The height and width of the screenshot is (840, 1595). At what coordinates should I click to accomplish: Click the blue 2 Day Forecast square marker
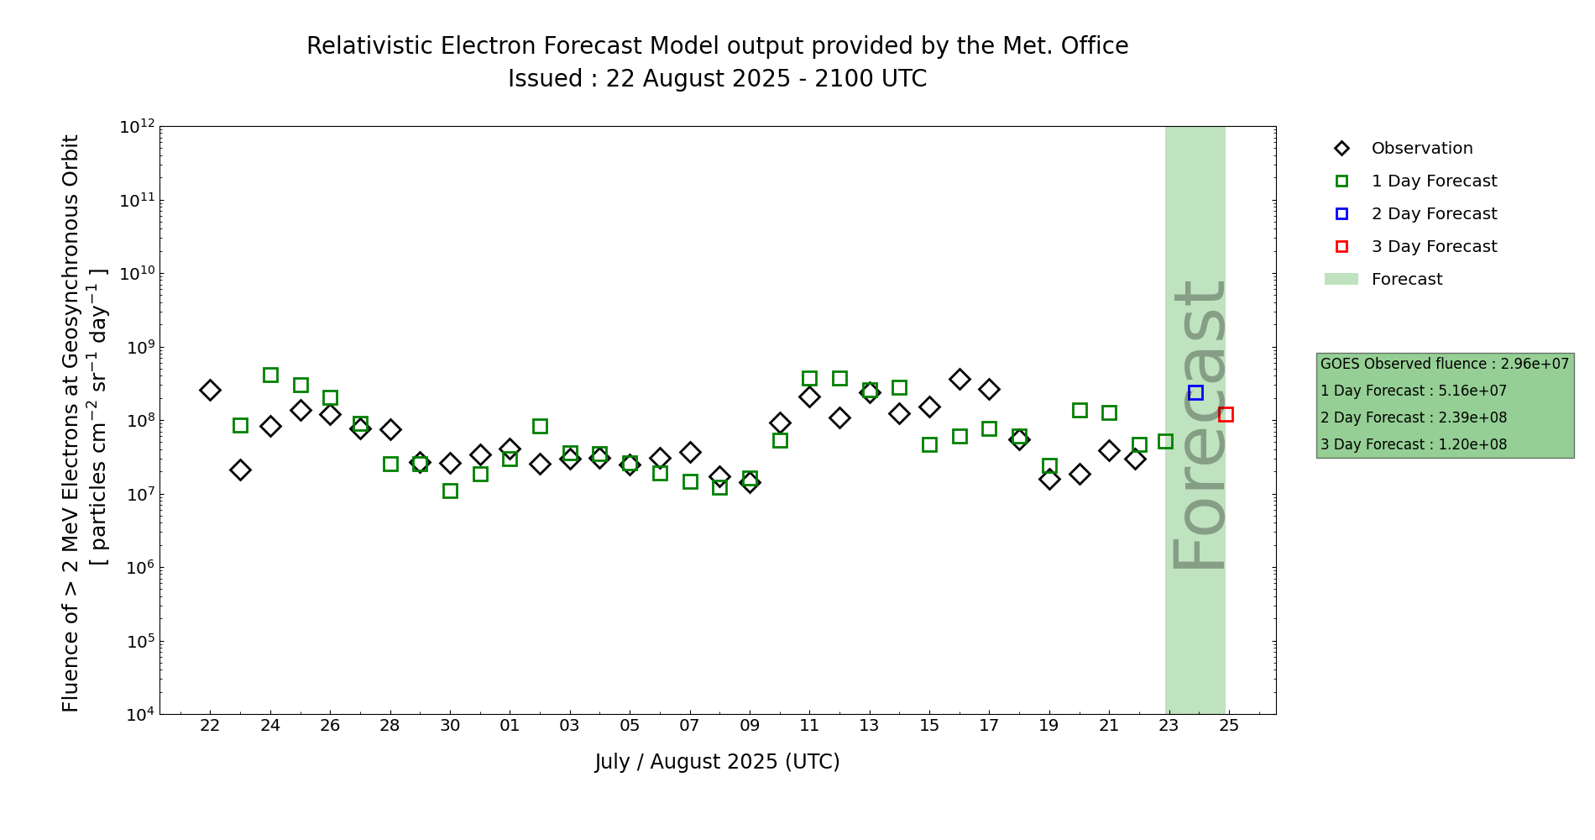1195,392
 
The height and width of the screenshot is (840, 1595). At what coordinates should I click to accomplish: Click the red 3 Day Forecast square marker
1226,414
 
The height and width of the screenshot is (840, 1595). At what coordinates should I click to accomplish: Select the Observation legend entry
1421,149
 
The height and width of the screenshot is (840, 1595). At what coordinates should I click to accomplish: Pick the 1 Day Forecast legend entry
1433,181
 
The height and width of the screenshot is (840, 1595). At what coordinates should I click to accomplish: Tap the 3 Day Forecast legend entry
1433,247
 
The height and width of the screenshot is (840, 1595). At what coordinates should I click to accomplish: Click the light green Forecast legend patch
1341,279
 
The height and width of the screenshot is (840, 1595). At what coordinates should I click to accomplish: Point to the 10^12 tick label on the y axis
137,127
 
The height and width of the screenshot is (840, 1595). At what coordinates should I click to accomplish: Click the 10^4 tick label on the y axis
139,715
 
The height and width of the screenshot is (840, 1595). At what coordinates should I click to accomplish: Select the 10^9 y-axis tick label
139,348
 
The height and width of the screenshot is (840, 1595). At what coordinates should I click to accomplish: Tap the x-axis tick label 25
1229,726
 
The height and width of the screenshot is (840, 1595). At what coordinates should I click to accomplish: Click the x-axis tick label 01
510,726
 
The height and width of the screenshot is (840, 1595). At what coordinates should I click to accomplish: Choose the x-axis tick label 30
450,726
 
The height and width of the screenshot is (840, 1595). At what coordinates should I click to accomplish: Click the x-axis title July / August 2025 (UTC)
717,762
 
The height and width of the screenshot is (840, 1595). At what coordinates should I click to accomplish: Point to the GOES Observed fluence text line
1444,364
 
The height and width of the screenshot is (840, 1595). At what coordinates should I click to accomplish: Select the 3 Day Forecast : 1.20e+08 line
1413,444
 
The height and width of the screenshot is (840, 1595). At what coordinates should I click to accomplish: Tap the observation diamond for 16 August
960,379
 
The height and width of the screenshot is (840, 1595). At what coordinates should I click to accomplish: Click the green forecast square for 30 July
450,491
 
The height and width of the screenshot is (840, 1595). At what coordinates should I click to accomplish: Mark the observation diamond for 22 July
210,390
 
